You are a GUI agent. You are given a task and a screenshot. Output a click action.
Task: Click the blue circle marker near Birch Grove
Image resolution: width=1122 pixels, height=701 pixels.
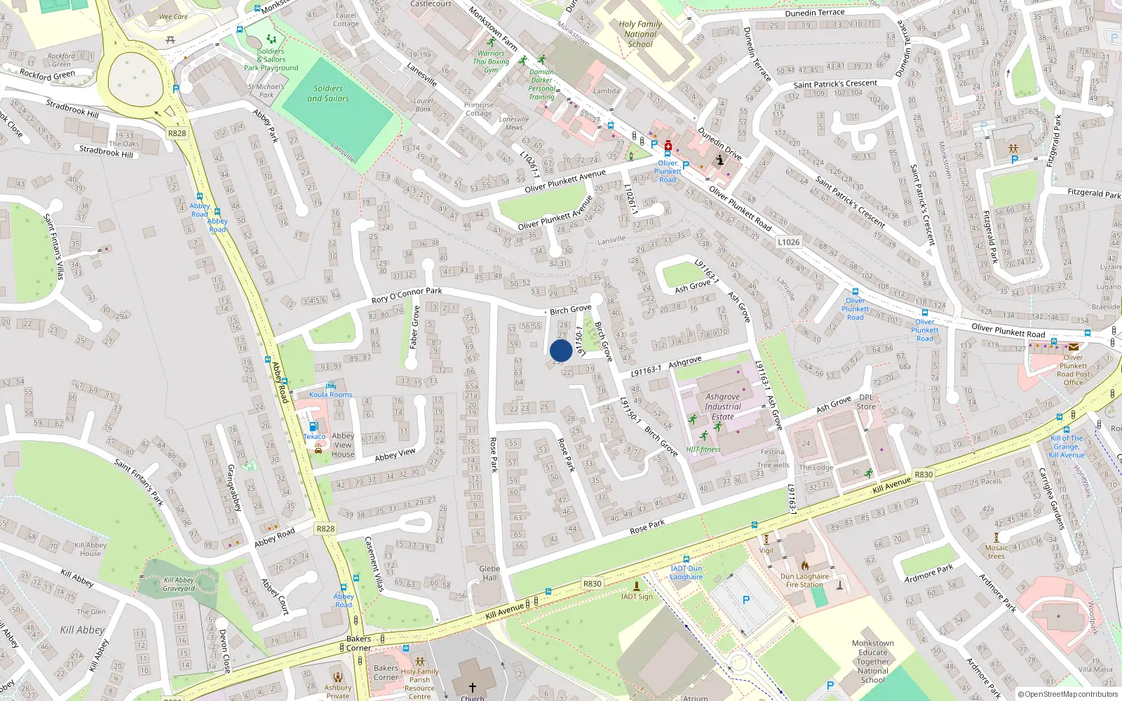[x=561, y=350]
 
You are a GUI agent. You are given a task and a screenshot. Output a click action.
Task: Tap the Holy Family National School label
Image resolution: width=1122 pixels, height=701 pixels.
[x=640, y=34]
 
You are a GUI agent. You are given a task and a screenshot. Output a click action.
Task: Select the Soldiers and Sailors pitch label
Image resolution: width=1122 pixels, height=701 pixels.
[x=328, y=93]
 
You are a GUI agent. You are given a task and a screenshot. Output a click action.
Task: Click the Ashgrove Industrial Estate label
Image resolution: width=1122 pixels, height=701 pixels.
[x=723, y=407]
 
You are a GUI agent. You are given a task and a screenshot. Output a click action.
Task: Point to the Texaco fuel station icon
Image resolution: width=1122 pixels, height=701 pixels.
[x=313, y=426]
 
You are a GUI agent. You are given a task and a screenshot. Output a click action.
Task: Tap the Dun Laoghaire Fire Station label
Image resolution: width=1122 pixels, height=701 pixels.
[x=804, y=580]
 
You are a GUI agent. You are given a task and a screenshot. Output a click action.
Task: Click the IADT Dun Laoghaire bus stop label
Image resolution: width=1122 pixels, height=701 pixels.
[x=686, y=573]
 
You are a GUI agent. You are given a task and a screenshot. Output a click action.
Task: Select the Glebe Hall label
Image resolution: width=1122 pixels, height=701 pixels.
[x=489, y=573]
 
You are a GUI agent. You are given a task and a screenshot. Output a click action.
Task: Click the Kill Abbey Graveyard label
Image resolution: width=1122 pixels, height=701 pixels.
[x=179, y=584]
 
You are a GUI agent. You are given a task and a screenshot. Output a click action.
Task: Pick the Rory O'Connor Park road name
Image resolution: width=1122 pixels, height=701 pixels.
[x=407, y=295]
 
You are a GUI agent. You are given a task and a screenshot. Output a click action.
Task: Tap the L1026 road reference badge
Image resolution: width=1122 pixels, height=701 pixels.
[x=788, y=242]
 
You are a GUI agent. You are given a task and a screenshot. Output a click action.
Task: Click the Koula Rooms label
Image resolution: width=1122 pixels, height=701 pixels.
[x=331, y=394]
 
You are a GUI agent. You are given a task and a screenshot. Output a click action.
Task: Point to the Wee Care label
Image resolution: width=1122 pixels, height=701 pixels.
[x=173, y=17]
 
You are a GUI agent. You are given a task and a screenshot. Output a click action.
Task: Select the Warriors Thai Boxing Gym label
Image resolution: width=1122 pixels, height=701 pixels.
[x=491, y=62]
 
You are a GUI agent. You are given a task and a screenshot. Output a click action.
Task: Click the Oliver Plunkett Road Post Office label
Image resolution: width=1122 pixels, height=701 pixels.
[x=1073, y=369]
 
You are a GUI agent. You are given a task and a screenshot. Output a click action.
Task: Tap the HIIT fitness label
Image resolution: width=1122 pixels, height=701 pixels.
[x=703, y=449]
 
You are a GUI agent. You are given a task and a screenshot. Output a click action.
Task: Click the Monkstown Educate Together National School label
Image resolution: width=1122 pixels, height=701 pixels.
[x=873, y=661]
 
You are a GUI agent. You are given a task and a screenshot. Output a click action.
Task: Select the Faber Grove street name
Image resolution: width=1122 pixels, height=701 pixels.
[x=414, y=327]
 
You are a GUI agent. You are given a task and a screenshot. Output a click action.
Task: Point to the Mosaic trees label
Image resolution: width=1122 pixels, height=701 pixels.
[x=996, y=552]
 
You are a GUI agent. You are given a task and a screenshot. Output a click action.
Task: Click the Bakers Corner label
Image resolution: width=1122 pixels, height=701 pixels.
[x=358, y=643]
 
